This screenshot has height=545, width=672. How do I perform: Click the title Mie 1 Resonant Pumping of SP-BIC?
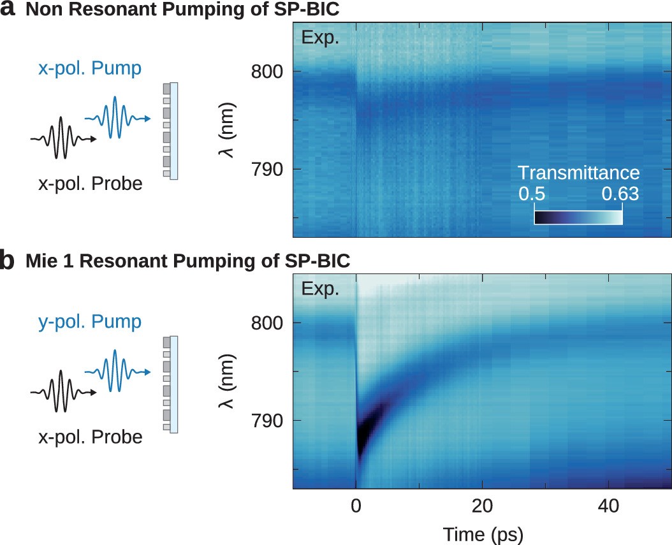point(187,261)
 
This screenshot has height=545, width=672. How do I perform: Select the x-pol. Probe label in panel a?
point(91,184)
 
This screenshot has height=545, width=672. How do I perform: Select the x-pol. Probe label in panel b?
point(91,437)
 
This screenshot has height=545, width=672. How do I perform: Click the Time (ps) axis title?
point(481,534)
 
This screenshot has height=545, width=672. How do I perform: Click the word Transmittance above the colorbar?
point(578,173)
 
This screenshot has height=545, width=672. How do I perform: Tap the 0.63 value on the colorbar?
point(620,194)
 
